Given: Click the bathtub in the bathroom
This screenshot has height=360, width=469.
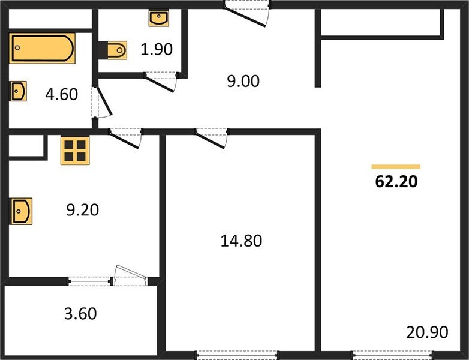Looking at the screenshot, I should pyautogui.click(x=42, y=49).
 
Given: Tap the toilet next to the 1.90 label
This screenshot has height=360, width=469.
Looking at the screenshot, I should pyautogui.click(x=116, y=50).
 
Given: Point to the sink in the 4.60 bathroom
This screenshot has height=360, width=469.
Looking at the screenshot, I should pyautogui.click(x=18, y=92).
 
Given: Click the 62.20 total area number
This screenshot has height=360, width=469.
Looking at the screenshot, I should pyautogui.click(x=396, y=182).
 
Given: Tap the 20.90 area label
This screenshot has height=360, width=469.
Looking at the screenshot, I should pyautogui.click(x=426, y=332).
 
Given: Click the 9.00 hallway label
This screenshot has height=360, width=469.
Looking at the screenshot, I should pyautogui.click(x=243, y=81).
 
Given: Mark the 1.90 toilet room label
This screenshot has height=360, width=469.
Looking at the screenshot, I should pyautogui.click(x=157, y=49).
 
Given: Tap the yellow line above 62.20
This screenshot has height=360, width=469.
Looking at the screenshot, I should pyautogui.click(x=396, y=166).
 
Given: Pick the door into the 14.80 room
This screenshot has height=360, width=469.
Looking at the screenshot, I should pyautogui.click(x=213, y=137).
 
